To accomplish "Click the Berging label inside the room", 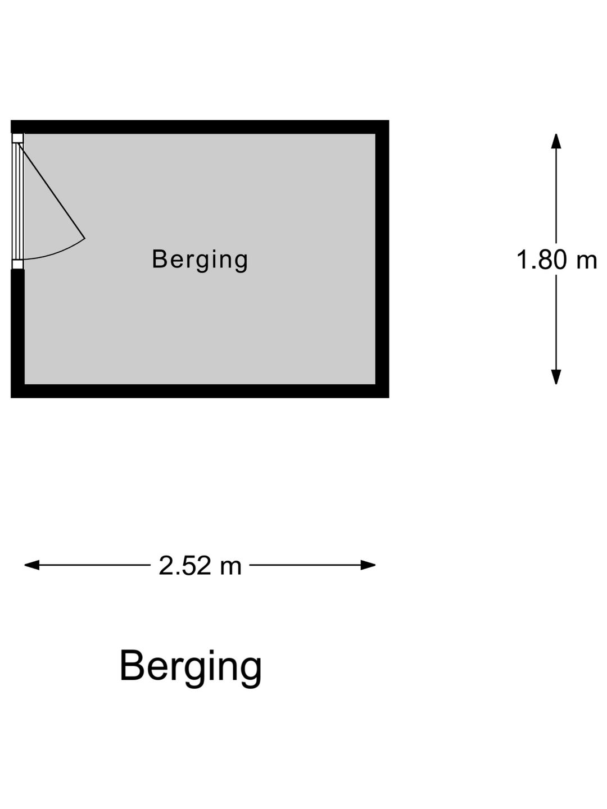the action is [200, 261].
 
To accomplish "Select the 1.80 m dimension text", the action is [556, 260].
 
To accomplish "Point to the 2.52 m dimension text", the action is [200, 565].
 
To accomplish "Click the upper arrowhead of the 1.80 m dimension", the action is [556, 141].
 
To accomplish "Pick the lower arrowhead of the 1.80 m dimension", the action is [556, 376].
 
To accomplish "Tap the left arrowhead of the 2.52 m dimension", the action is [32, 565].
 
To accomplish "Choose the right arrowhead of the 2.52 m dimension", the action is [368, 565].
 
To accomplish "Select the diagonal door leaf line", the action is [51, 191].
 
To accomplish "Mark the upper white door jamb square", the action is [17, 139].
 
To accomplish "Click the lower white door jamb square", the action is [17, 264].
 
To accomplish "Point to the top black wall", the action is [200, 127].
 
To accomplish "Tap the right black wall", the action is [382, 259].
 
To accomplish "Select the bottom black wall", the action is [200, 390].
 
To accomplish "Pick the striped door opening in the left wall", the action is [17, 201].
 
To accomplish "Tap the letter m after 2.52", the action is [231, 567].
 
